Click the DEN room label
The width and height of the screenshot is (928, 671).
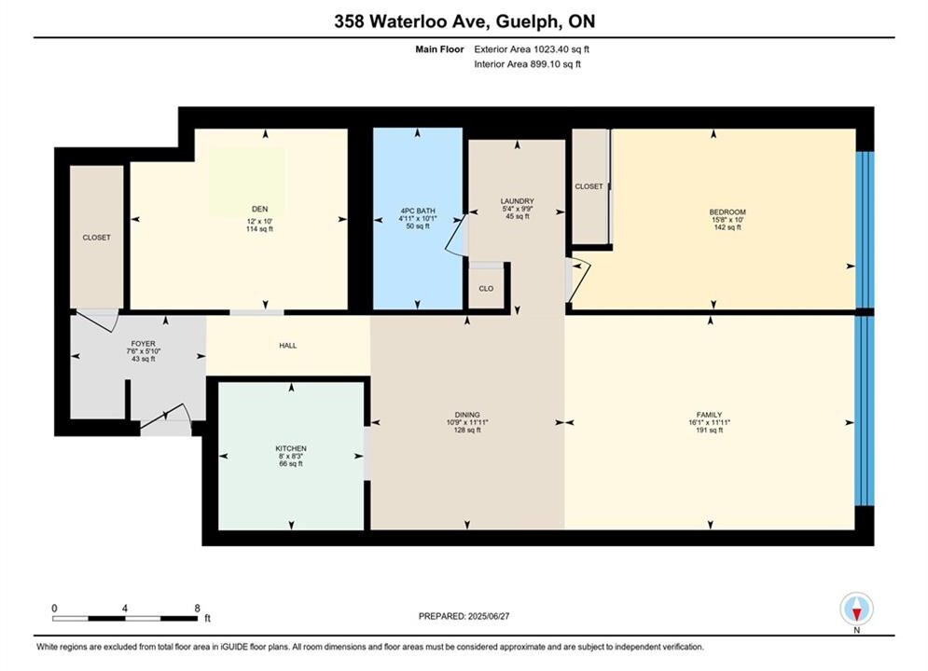(x=260, y=209)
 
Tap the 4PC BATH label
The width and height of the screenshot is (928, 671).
(x=418, y=211)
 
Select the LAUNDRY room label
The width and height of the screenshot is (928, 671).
(x=518, y=201)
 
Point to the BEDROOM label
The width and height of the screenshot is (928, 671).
(x=727, y=212)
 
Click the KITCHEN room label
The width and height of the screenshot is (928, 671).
(x=291, y=448)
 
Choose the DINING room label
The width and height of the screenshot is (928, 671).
(x=467, y=415)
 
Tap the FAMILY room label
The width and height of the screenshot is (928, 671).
(x=709, y=415)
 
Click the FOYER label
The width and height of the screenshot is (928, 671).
(x=144, y=344)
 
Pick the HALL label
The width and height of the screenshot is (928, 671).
(x=288, y=345)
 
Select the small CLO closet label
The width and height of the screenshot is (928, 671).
(x=486, y=289)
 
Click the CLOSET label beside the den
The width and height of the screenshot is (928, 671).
(x=96, y=237)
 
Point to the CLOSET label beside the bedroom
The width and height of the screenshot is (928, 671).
(x=589, y=186)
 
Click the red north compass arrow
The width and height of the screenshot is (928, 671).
(x=856, y=613)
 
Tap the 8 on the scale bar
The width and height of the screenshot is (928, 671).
(x=197, y=608)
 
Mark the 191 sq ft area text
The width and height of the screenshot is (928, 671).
(x=710, y=430)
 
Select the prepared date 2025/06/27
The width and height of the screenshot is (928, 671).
(x=489, y=616)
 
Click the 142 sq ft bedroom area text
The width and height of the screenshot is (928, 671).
(x=727, y=227)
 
